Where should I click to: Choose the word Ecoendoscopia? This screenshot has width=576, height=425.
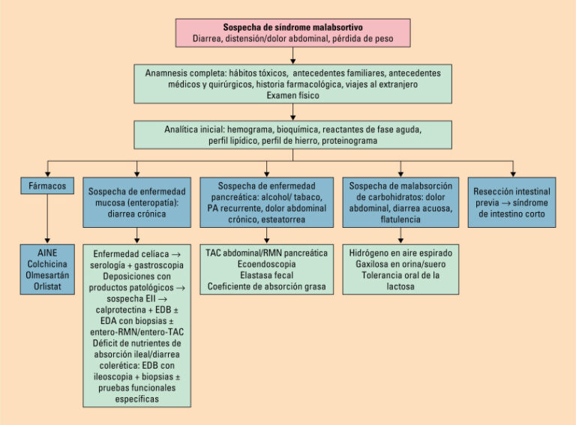tap(267, 265)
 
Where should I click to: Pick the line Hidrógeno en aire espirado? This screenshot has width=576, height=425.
tap(400, 253)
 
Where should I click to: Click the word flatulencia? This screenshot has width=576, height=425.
tap(400, 220)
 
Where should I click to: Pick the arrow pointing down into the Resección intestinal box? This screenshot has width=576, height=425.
tap(513, 167)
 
